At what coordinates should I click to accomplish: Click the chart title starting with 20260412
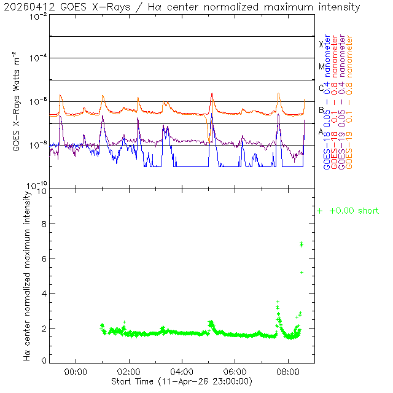point(182,7)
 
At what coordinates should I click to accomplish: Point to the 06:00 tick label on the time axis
point(236,372)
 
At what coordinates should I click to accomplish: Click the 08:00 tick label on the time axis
point(289,372)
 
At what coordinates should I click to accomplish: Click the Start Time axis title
point(182,381)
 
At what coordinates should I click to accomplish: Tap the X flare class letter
point(321,44)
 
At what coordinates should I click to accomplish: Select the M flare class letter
point(321,66)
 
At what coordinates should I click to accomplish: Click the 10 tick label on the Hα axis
point(41,192)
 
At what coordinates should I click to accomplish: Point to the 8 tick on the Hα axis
point(44,225)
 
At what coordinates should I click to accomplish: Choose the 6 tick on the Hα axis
point(44,259)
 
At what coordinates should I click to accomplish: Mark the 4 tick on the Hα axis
point(44,294)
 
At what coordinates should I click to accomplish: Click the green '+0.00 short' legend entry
point(348,211)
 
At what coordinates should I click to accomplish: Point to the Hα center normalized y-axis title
point(28,275)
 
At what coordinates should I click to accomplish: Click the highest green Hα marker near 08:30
point(302,244)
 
